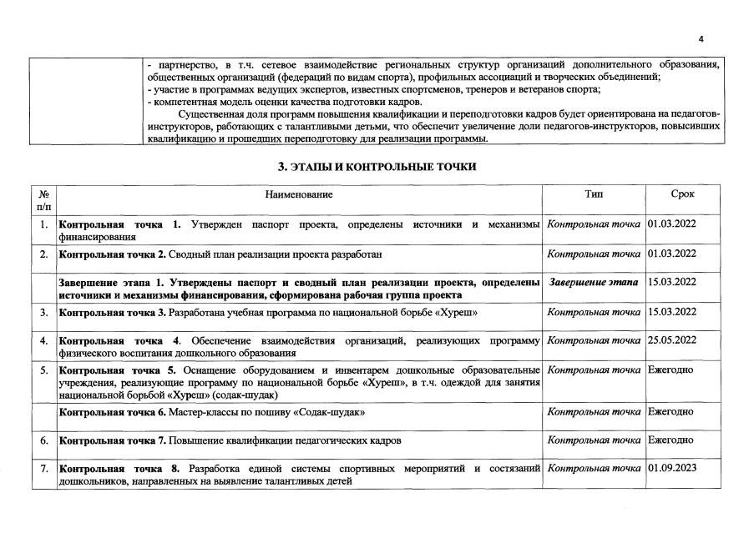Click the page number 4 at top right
click(x=701, y=39)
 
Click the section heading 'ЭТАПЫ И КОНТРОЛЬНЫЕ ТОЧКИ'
click(x=377, y=167)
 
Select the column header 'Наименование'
click(x=299, y=194)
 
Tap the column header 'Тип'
click(x=594, y=194)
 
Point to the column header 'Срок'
click(x=683, y=194)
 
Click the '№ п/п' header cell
click(x=43, y=200)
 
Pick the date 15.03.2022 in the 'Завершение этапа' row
click(x=672, y=283)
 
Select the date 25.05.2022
click(x=672, y=340)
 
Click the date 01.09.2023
click(x=672, y=468)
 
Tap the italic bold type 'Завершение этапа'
click(x=595, y=283)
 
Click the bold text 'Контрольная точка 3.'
click(x=111, y=312)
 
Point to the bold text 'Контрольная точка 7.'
click(x=111, y=440)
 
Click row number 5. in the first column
click(x=43, y=370)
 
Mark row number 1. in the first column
click(x=43, y=224)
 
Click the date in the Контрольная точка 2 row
click(x=672, y=253)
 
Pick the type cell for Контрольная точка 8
click(x=594, y=468)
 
